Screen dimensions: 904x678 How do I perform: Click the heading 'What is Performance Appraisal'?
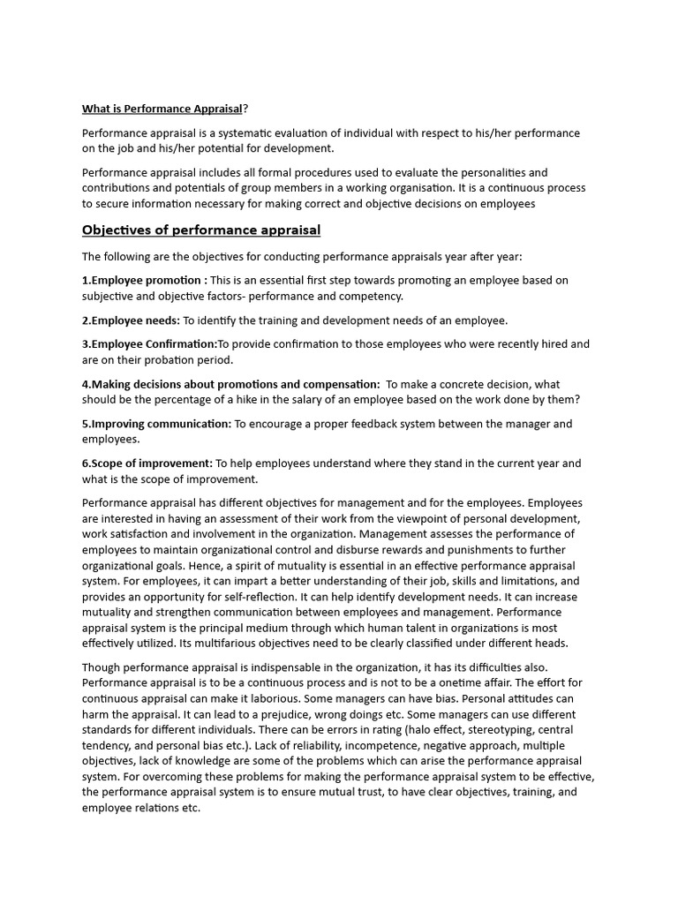click(162, 109)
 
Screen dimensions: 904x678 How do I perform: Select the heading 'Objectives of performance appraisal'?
click(201, 230)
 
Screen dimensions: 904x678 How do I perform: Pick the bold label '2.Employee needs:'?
click(131, 320)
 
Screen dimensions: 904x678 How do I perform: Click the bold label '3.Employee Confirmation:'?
click(149, 343)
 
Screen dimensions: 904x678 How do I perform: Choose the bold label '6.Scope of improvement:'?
click(147, 463)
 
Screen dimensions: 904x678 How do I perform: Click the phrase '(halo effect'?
click(431, 730)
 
